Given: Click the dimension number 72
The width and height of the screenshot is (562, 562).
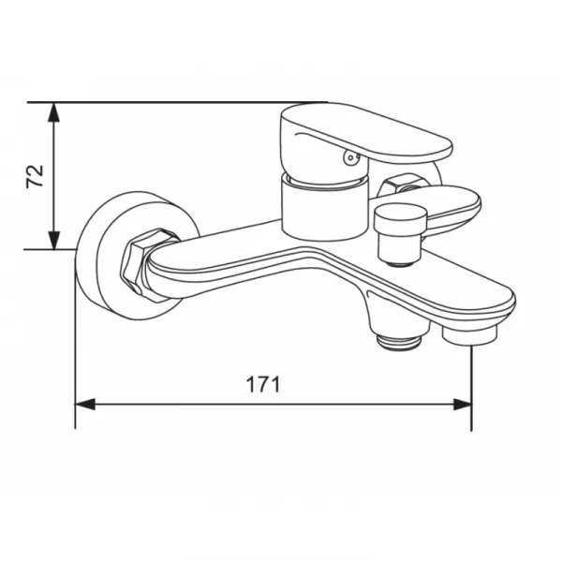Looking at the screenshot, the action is coord(35,176).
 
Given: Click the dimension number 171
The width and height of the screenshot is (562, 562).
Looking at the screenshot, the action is coord(262,385).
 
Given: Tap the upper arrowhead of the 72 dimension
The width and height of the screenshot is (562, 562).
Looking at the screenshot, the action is coord(53,112).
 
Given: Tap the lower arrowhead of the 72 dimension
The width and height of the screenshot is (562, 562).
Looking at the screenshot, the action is coord(53,240).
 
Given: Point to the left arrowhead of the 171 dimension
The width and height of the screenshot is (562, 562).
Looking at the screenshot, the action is coord(85,405).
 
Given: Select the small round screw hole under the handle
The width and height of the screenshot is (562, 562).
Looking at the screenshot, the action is coord(350,157).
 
